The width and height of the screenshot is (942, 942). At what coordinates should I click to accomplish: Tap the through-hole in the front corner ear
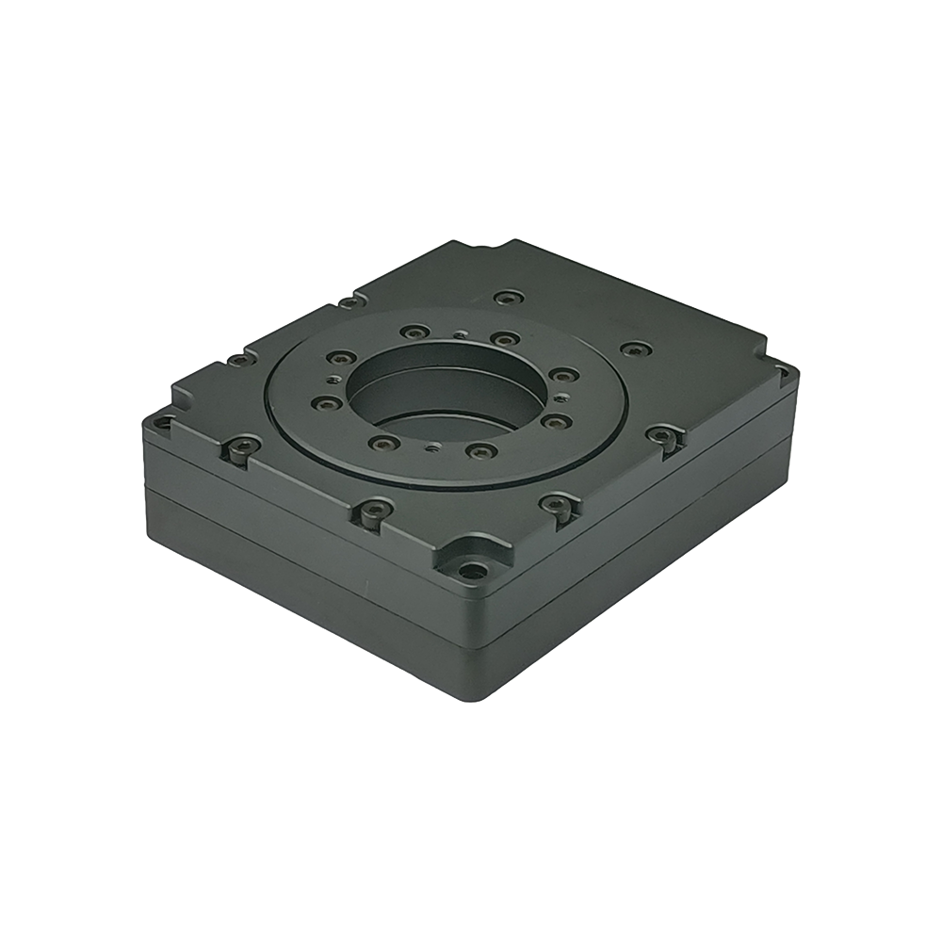468,569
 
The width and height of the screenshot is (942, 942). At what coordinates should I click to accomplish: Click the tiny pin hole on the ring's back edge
459,333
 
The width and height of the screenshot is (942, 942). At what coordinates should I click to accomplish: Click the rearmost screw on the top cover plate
509,298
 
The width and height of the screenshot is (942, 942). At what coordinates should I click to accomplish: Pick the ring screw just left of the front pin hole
379,441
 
